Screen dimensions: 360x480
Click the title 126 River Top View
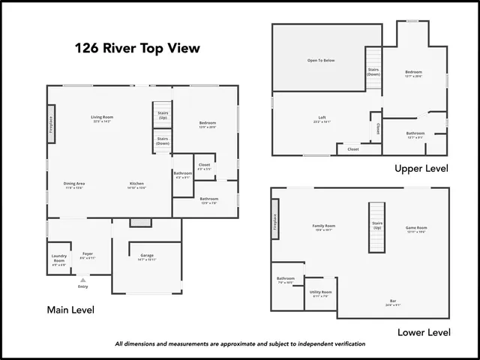pyautogui.click(x=137, y=49)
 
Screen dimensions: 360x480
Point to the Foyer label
pyautogui.click(x=88, y=253)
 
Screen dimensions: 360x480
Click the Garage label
pyautogui.click(x=147, y=256)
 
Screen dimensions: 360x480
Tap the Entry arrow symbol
pyautogui.click(x=82, y=280)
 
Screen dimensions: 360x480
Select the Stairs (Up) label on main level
pyautogui.click(x=163, y=115)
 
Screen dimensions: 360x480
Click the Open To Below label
pyautogui.click(x=320, y=60)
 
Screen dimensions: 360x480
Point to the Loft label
pyautogui.click(x=322, y=117)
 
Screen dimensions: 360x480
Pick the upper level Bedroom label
pyautogui.click(x=414, y=72)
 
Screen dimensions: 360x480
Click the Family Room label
pyautogui.click(x=323, y=226)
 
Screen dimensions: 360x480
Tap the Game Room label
pyautogui.click(x=416, y=227)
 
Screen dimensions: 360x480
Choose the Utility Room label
pyautogui.click(x=321, y=292)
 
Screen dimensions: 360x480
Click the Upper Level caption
pyautogui.click(x=421, y=169)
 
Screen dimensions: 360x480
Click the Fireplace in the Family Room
pyautogui.click(x=275, y=219)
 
